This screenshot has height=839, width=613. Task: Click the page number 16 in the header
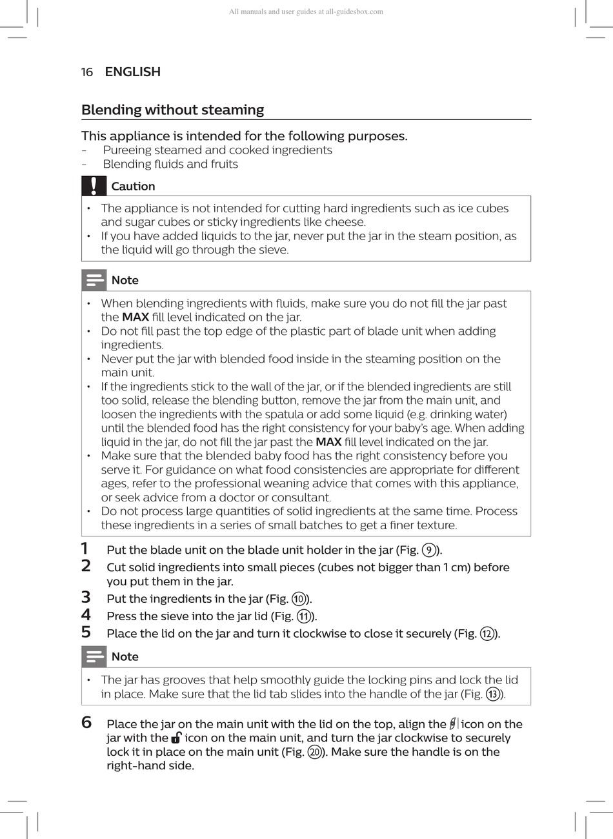87,72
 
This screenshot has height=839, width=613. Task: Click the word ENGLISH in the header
132,72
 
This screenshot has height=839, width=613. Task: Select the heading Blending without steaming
172,110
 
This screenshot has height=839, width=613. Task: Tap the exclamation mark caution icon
94,186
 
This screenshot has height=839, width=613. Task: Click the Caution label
133,187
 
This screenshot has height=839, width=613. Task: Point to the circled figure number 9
428,551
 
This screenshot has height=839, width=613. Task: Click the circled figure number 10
299,599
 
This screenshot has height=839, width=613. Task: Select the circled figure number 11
303,616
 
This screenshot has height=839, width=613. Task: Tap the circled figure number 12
487,634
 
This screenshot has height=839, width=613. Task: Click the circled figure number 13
493,694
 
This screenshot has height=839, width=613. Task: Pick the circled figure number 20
315,752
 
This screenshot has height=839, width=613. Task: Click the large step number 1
85,549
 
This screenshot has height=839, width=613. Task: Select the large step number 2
86,566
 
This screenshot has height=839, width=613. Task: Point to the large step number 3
86,597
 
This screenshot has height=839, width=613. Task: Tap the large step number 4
86,614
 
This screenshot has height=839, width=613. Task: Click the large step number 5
86,632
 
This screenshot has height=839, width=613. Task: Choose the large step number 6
86,722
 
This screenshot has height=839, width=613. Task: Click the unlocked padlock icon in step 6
176,738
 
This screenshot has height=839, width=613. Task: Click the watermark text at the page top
306,12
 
